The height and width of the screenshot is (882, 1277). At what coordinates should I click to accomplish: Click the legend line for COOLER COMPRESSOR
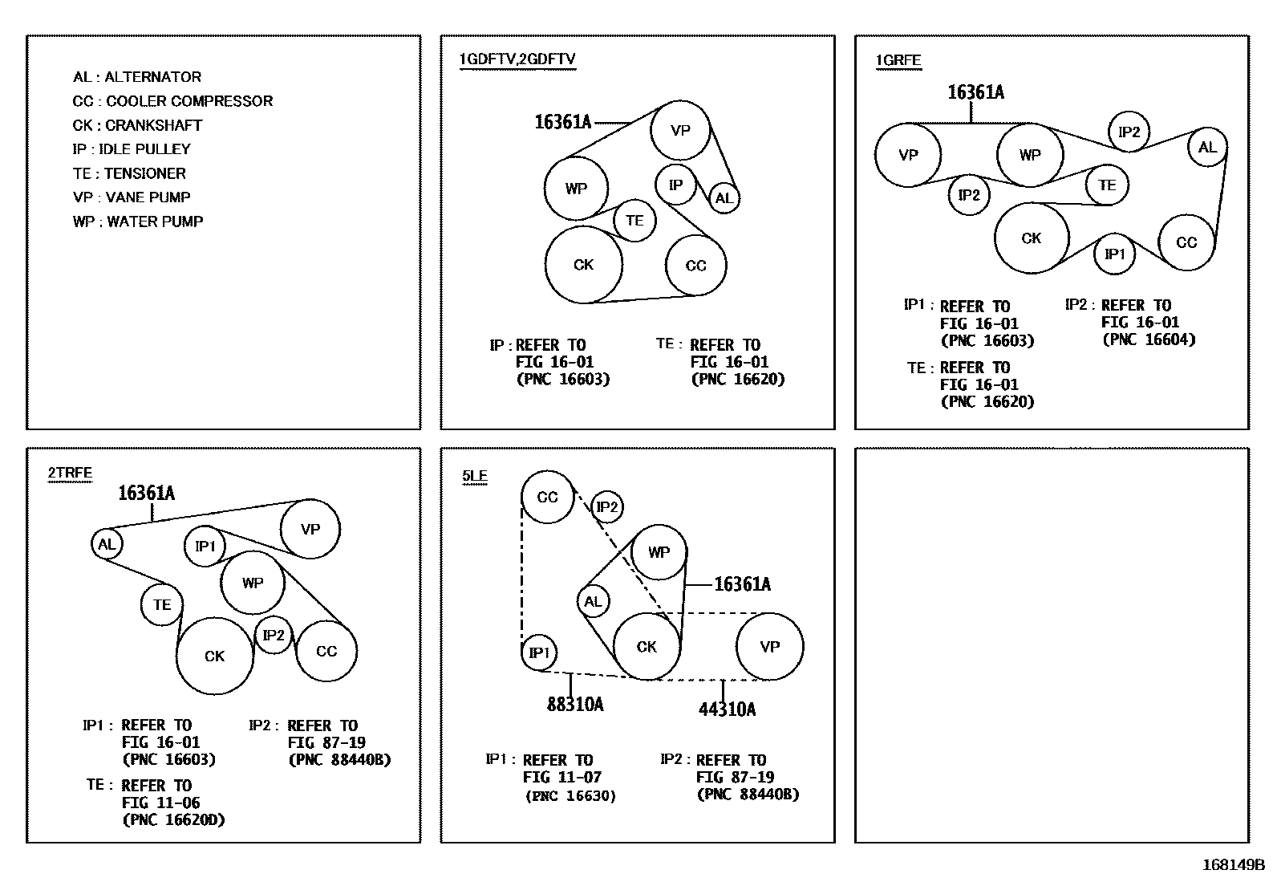click(x=172, y=101)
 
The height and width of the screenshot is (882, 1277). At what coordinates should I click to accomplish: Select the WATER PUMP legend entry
click(x=138, y=222)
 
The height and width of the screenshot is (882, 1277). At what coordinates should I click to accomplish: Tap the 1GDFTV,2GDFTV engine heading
click(x=517, y=59)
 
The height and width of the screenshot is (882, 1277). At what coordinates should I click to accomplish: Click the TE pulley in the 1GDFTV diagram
click(x=634, y=221)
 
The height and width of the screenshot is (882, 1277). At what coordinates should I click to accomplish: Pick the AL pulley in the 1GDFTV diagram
click(x=724, y=198)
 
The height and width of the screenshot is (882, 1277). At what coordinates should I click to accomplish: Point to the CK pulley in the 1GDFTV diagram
click(x=583, y=265)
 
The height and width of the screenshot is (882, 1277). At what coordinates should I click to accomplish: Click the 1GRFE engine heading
click(x=898, y=61)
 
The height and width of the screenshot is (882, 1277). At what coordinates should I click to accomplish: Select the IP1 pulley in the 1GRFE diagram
click(x=1115, y=254)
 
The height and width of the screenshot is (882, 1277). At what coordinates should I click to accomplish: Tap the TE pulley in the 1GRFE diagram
click(x=1107, y=185)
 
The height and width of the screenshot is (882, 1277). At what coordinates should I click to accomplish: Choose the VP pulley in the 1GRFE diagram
click(x=908, y=155)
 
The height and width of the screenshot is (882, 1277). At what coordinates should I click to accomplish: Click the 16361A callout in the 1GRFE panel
click(x=975, y=92)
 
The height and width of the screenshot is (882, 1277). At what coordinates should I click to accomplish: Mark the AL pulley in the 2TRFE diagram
click(x=107, y=544)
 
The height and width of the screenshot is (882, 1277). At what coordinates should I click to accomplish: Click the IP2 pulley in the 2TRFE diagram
click(x=274, y=636)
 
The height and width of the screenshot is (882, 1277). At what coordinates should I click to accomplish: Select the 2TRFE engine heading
click(x=70, y=474)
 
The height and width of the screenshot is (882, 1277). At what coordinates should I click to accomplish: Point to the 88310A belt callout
click(x=575, y=705)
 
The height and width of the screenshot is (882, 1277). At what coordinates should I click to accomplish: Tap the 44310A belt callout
click(x=727, y=709)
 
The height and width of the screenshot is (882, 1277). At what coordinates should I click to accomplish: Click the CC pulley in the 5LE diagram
click(x=547, y=498)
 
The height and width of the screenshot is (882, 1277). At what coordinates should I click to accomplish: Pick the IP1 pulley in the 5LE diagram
click(x=539, y=652)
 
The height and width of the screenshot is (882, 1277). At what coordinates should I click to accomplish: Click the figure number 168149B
click(x=1232, y=865)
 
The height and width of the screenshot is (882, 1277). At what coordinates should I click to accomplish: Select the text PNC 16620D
click(x=174, y=820)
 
